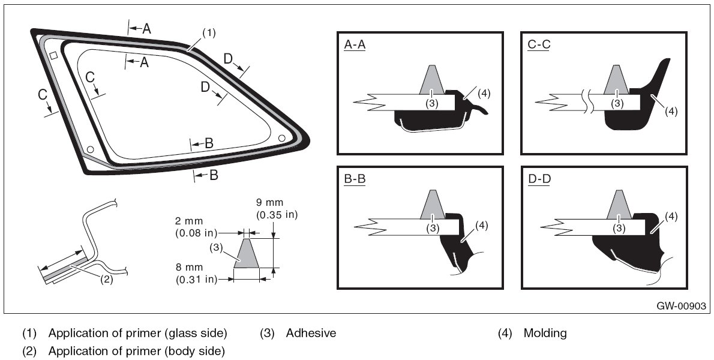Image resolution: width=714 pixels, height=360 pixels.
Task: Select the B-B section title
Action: click(355, 179)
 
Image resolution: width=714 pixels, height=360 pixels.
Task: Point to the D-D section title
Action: click(539, 179)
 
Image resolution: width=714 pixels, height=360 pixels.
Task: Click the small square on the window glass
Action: click(53, 55)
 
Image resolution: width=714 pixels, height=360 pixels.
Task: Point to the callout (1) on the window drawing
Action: click(208, 32)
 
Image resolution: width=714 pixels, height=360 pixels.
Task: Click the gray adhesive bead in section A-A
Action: click(434, 82)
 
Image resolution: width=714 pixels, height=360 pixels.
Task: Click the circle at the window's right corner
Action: click(281, 137)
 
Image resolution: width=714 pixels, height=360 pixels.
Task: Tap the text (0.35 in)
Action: click(277, 215)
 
